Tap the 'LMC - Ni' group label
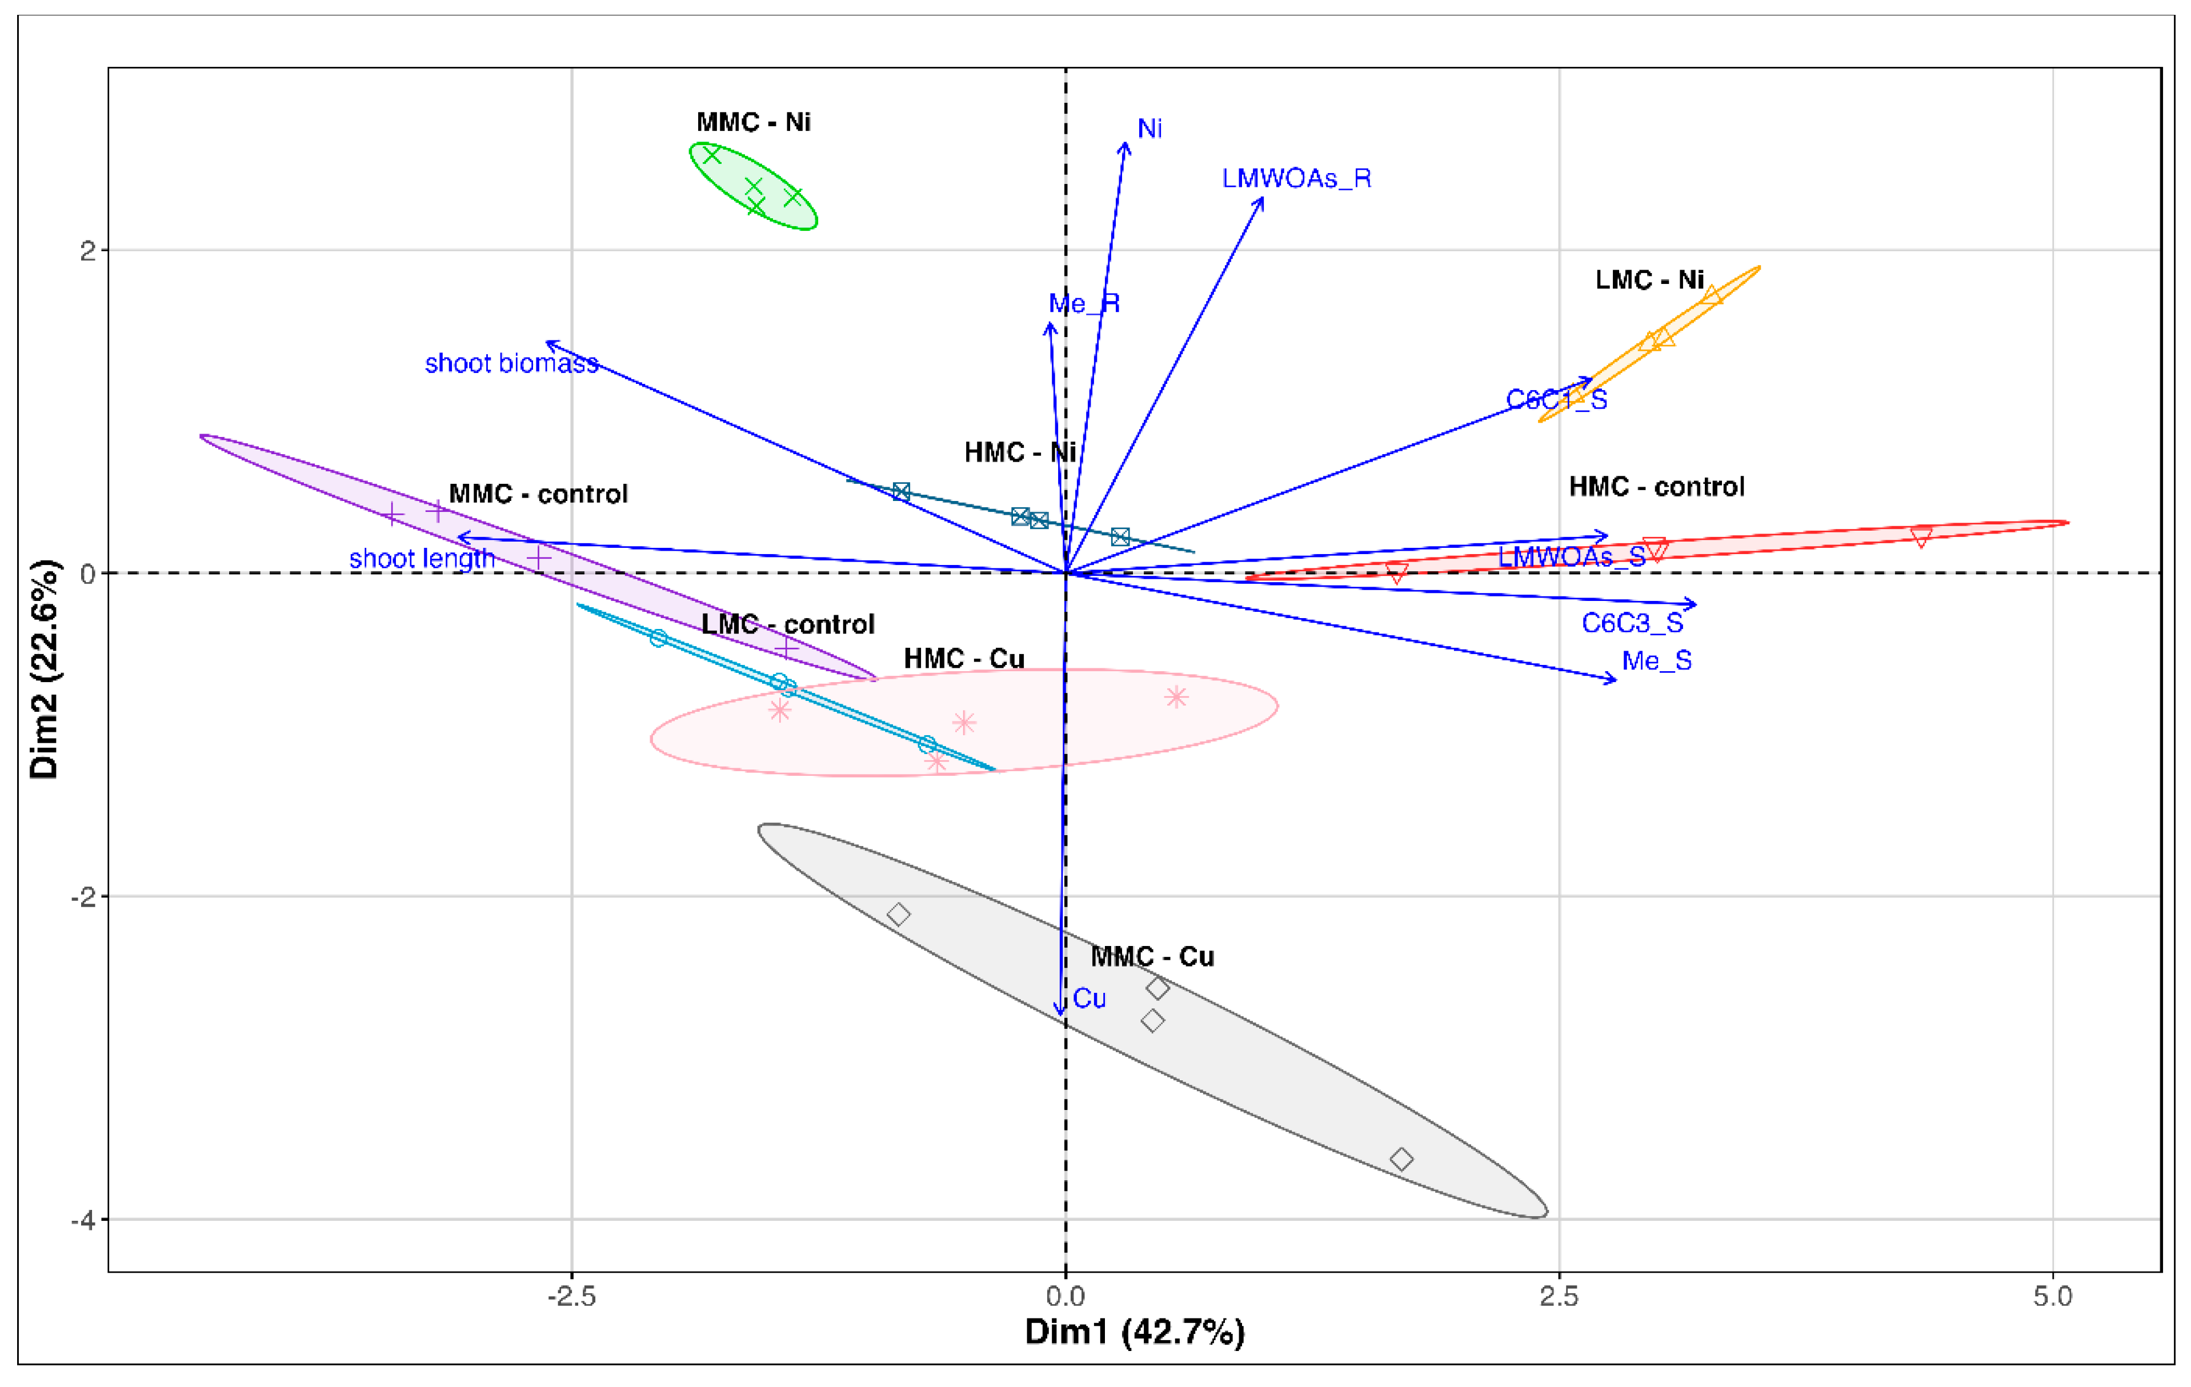click(x=1649, y=279)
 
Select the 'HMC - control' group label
click(x=1656, y=487)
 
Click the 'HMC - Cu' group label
click(x=964, y=659)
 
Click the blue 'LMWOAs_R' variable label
click(x=1296, y=178)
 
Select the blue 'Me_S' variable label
click(x=1656, y=660)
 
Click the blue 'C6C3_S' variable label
click(x=1632, y=623)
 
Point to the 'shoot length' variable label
click(x=421, y=559)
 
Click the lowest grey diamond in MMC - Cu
click(x=1401, y=1158)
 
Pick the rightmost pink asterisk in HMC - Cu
click(x=1176, y=697)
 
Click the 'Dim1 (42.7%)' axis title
click(x=1135, y=1332)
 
